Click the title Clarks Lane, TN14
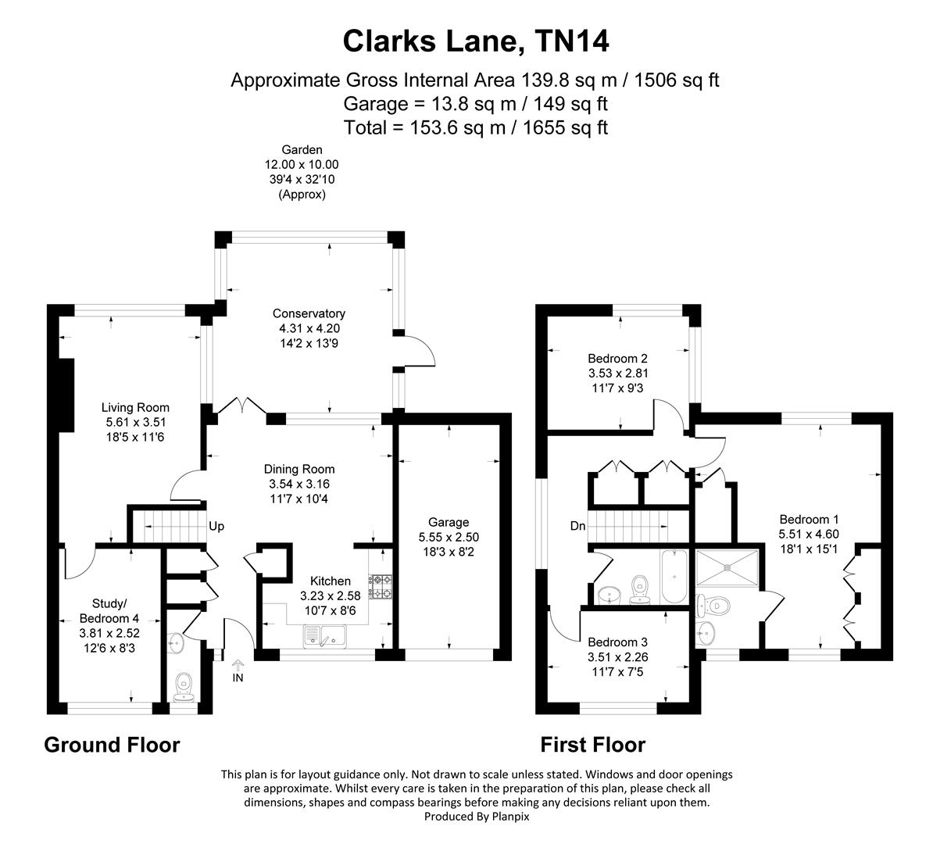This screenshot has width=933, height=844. click(475, 41)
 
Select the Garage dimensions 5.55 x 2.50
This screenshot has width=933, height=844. click(449, 537)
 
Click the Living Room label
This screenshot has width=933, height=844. click(135, 407)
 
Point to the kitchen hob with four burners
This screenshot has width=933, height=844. click(381, 586)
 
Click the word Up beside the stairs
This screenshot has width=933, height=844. click(216, 526)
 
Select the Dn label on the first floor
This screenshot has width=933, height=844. click(577, 526)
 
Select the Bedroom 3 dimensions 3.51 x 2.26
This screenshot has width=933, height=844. click(617, 656)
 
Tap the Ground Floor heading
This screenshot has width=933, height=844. click(112, 745)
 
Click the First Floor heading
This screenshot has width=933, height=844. click(593, 745)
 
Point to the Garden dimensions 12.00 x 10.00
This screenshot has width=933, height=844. click(302, 164)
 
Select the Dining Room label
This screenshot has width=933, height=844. click(299, 469)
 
